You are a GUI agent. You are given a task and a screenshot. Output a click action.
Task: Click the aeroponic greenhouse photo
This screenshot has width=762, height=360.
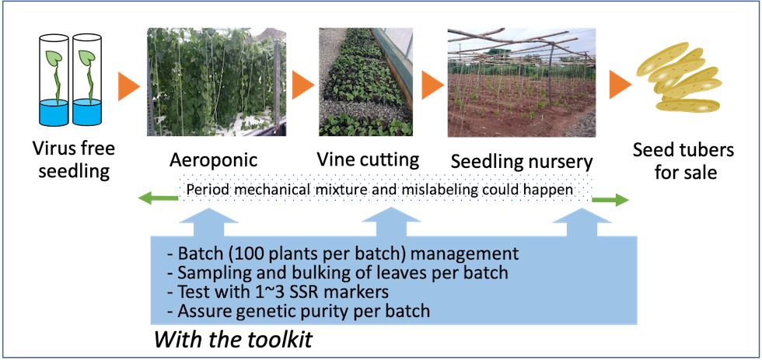coord(217,82)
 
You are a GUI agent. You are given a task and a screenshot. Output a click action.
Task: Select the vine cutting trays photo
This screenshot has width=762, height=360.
coord(365,82)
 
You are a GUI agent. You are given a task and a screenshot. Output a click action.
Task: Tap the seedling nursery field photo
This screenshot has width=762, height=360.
coord(522,82)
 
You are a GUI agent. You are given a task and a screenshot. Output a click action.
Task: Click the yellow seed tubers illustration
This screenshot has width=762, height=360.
coord(680,78)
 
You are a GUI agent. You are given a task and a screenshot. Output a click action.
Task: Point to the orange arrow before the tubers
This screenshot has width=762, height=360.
coord(620,83)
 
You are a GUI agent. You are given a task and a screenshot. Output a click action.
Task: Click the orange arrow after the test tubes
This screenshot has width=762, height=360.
coord(129,86)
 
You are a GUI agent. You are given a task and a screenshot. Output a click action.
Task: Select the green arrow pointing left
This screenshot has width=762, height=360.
coord(158,197)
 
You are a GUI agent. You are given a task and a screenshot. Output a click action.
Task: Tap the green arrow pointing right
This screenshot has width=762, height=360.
coord(610,200)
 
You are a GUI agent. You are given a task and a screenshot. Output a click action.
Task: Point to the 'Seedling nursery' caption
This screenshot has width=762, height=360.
coord(522,162)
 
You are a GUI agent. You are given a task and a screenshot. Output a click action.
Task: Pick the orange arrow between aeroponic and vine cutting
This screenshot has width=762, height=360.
coord(302,86)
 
